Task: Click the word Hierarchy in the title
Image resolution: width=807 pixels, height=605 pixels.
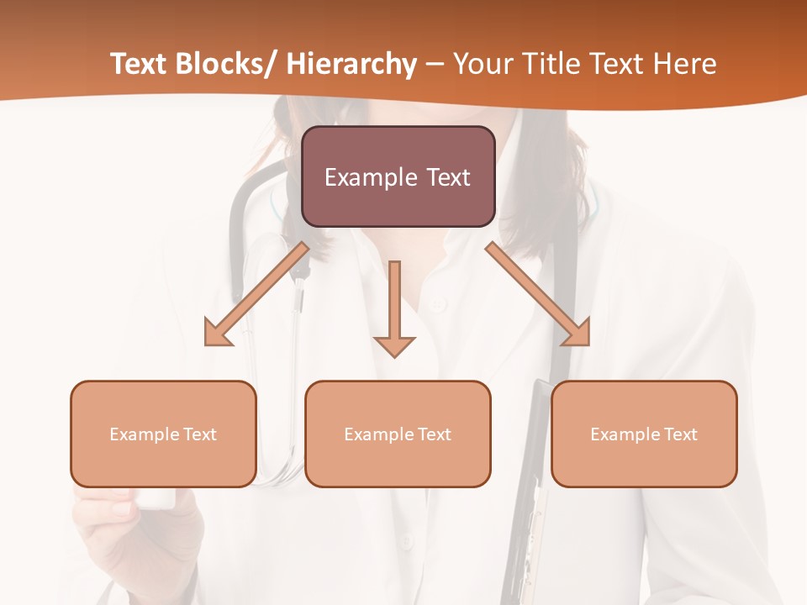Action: pyautogui.click(x=351, y=64)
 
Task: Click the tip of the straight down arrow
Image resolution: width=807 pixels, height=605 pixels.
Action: pyautogui.click(x=394, y=355)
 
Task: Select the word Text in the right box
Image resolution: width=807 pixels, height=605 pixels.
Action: pyautogui.click(x=680, y=434)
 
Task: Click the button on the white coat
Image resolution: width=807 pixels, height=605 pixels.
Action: pyautogui.click(x=435, y=303)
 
